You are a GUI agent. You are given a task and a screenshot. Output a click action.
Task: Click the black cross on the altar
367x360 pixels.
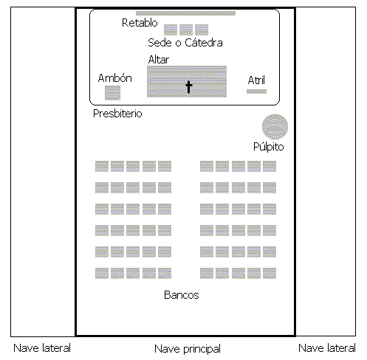[188, 87]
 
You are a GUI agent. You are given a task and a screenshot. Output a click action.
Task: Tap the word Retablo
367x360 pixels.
[140, 23]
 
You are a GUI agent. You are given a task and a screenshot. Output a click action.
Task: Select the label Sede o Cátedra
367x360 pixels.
[185, 43]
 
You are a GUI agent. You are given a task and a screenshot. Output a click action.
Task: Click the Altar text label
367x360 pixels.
[159, 60]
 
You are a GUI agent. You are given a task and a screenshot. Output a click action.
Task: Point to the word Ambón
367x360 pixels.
[115, 78]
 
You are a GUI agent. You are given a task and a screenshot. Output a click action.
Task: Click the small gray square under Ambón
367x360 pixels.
[112, 93]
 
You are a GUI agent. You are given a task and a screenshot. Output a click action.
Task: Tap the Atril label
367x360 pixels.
[256, 80]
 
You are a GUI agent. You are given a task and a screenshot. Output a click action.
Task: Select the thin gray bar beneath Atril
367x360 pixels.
[256, 91]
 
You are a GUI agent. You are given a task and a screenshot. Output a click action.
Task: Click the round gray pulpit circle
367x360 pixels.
[275, 127]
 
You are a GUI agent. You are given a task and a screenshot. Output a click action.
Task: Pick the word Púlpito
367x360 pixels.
[269, 147]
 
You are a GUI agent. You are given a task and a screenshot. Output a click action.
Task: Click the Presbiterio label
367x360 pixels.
[117, 114]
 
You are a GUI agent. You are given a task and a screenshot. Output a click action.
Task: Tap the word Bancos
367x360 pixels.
[182, 295]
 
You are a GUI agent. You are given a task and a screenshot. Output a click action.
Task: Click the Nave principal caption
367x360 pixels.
[188, 349]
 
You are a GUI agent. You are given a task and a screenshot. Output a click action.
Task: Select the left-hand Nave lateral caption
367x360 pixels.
[42, 348]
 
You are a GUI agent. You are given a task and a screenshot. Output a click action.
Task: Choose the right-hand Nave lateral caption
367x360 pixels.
[327, 348]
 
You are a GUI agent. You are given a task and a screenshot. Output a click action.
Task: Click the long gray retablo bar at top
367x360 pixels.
[185, 13]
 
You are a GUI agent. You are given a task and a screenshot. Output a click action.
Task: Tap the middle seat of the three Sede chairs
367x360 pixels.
[186, 30]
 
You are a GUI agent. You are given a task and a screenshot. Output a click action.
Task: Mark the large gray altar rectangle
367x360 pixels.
[187, 81]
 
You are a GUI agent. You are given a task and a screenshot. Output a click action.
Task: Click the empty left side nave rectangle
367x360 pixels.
[43, 172]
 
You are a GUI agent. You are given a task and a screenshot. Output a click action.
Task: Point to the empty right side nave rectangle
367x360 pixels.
[326, 171]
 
